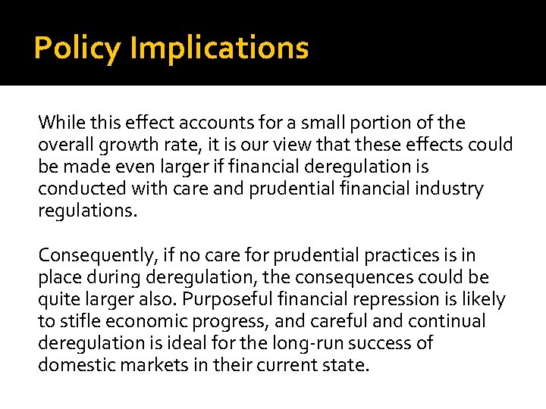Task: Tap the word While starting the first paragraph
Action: pyautogui.click(x=58, y=123)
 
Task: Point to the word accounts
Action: pyautogui.click(x=200, y=123)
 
